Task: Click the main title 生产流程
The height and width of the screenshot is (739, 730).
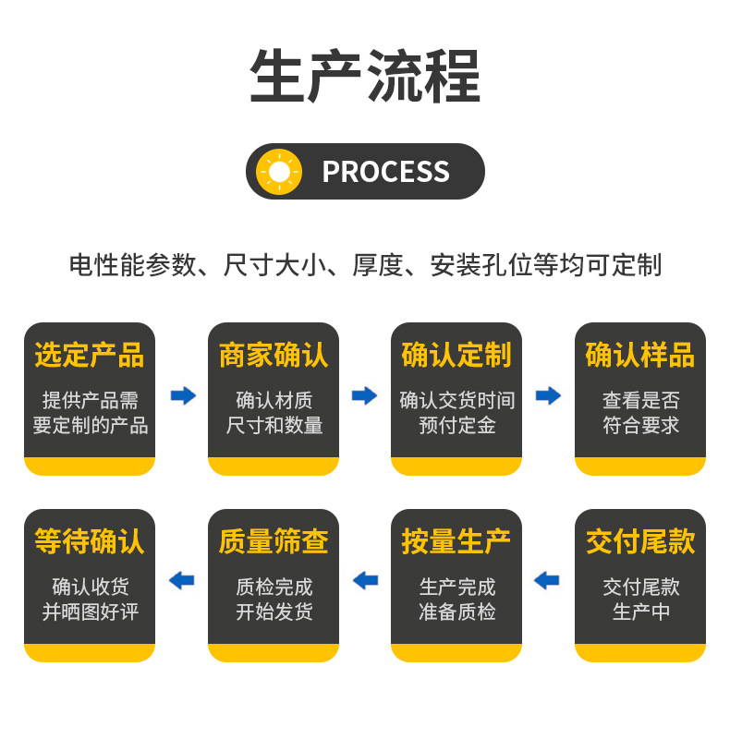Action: click(365, 76)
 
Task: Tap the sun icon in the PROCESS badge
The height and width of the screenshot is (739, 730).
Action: click(279, 172)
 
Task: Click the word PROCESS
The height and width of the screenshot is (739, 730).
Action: click(385, 172)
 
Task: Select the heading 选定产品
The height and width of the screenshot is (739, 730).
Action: click(90, 355)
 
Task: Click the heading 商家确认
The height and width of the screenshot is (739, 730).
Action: click(274, 355)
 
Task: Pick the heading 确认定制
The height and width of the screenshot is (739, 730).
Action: click(456, 355)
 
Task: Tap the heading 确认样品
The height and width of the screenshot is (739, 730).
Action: click(640, 355)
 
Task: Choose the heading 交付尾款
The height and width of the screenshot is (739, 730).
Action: click(640, 541)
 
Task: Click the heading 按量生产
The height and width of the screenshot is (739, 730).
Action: click(456, 541)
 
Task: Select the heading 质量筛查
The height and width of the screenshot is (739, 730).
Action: click(274, 541)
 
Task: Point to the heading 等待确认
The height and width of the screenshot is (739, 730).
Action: click(90, 541)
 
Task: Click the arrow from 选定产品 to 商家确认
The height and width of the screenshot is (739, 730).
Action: click(183, 395)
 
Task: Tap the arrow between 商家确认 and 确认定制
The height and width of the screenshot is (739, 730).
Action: click(365, 395)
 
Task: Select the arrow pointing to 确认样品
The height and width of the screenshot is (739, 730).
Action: click(548, 395)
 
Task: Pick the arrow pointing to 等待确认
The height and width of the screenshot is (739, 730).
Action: click(182, 581)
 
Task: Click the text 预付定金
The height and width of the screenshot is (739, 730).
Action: click(456, 426)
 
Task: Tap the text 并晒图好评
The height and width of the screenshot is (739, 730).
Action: click(90, 612)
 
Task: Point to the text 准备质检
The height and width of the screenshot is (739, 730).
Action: click(456, 612)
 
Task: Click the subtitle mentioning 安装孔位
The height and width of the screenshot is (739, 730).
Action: click(365, 265)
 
